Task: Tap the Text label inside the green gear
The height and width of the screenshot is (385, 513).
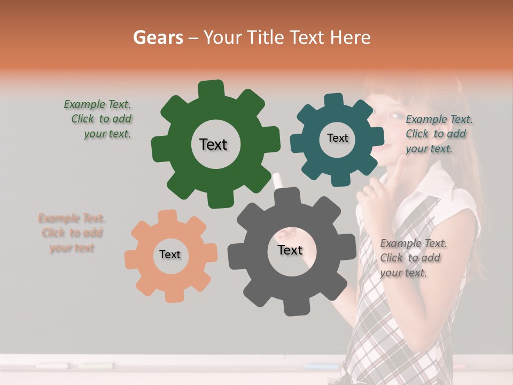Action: [x=213, y=144]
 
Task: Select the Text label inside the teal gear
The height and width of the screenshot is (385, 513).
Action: [x=337, y=138]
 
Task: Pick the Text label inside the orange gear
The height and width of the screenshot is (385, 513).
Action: [x=170, y=255]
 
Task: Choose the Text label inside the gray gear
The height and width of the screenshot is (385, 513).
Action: [x=290, y=250]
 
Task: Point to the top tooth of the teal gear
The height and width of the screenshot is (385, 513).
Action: [x=334, y=100]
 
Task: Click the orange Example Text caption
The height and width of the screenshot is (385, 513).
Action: [x=72, y=233]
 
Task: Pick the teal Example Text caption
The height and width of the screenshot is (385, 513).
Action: [x=439, y=134]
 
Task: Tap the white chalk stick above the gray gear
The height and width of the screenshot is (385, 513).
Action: [x=277, y=181]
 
